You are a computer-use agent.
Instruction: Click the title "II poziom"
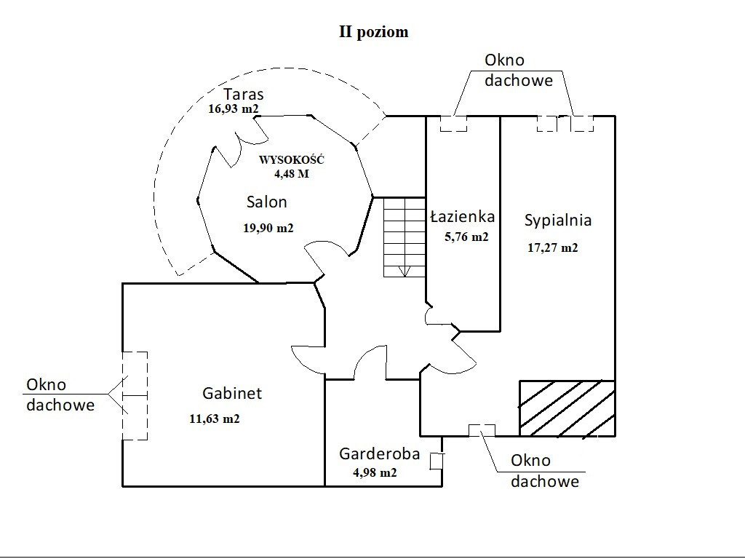(x=373, y=32)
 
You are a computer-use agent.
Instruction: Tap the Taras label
(x=243, y=94)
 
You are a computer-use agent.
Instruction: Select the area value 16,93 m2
(x=234, y=109)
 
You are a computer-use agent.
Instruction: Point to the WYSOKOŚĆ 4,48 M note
(x=292, y=167)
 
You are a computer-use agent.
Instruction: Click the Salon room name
(x=266, y=202)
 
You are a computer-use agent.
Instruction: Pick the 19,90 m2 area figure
(x=268, y=228)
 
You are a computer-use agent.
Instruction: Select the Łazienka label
(x=463, y=216)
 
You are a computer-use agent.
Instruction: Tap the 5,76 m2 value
(x=466, y=237)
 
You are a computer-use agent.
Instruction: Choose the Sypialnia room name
(x=558, y=220)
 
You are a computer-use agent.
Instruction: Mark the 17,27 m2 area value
(x=553, y=247)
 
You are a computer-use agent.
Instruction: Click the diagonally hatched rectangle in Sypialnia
(x=567, y=408)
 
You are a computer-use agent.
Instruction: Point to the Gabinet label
(x=232, y=394)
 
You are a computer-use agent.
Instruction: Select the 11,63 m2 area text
(x=214, y=419)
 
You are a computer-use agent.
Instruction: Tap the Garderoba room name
(x=380, y=454)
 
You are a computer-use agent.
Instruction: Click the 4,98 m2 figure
(x=375, y=472)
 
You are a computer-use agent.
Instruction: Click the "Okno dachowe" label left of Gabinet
(x=60, y=395)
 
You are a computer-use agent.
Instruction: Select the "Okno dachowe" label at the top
(x=519, y=71)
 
